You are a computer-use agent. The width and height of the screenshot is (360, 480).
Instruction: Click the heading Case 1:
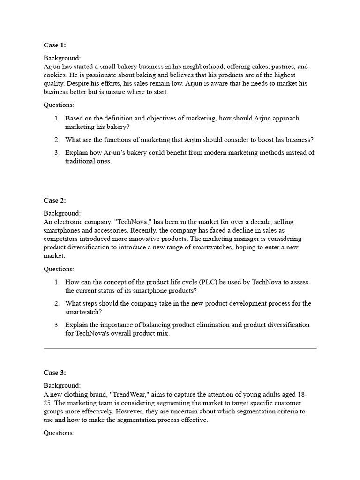click(55, 45)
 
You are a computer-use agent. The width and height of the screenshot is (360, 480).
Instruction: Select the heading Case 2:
click(55, 200)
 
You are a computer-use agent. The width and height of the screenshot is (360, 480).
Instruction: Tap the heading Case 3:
click(55, 373)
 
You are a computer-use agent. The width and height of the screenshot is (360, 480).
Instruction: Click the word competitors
click(62, 239)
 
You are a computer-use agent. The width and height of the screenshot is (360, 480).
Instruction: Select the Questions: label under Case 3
click(59, 433)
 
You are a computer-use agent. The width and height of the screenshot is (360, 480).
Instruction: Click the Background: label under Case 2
click(62, 213)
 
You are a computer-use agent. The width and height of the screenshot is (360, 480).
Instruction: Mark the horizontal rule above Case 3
click(180, 348)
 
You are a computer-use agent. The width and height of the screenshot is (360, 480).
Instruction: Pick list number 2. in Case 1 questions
click(57, 140)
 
